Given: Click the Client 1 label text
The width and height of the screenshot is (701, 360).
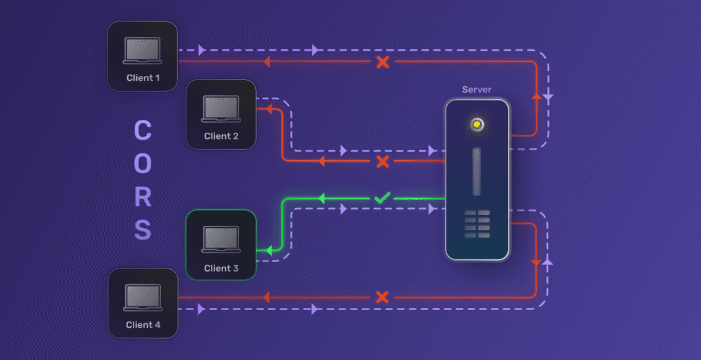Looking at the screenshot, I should coord(143,78).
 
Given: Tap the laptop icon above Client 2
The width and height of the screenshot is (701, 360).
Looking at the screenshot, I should coord(221,109).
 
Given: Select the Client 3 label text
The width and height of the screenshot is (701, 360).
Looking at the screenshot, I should coord(221,268).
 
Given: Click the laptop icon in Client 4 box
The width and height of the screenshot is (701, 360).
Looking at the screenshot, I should coord(143,297).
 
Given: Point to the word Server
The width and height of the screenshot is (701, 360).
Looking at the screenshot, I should coord(476,90).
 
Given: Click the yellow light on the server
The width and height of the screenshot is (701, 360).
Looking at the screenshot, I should coord(476,125).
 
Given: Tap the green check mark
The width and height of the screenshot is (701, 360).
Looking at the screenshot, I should coord(382,198).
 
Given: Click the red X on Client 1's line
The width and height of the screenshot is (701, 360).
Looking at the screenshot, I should coord(383,62).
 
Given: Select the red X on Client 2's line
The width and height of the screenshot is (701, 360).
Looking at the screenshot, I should coord(383,162).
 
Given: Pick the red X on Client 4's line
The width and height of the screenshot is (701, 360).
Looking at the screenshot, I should coord(383,297).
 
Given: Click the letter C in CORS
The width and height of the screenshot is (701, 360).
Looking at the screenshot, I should coord(142,130).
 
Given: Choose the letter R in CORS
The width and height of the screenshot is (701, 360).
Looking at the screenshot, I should coord(142,197).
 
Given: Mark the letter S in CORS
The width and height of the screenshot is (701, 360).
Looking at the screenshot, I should coord(142,230).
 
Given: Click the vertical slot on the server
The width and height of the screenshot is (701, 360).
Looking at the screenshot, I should coord(476,171).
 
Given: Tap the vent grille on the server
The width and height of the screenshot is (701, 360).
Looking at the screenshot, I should coord(477,224).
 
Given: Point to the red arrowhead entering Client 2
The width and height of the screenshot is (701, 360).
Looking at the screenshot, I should coord(268,108).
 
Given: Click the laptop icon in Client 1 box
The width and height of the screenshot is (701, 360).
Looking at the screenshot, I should coord(142,51).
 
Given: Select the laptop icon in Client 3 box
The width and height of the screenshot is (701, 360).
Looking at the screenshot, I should coord(221,240).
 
